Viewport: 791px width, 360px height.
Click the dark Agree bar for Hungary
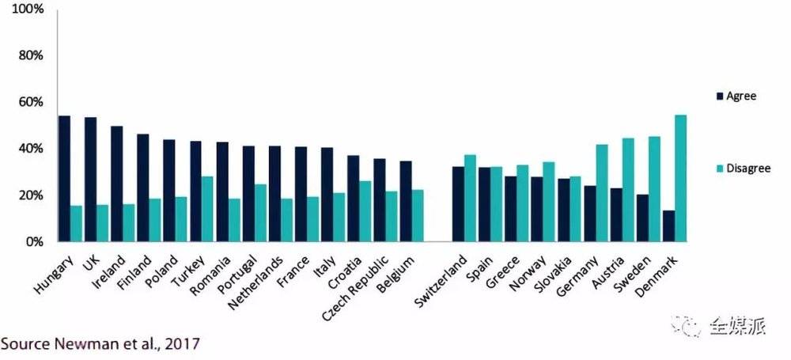64,179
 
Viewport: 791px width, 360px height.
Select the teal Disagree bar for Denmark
680,178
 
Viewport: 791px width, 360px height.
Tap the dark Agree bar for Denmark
668,225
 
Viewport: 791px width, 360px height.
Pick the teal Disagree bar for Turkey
207,209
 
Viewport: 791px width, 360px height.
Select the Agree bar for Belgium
405,201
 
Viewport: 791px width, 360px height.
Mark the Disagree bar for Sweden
654,189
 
